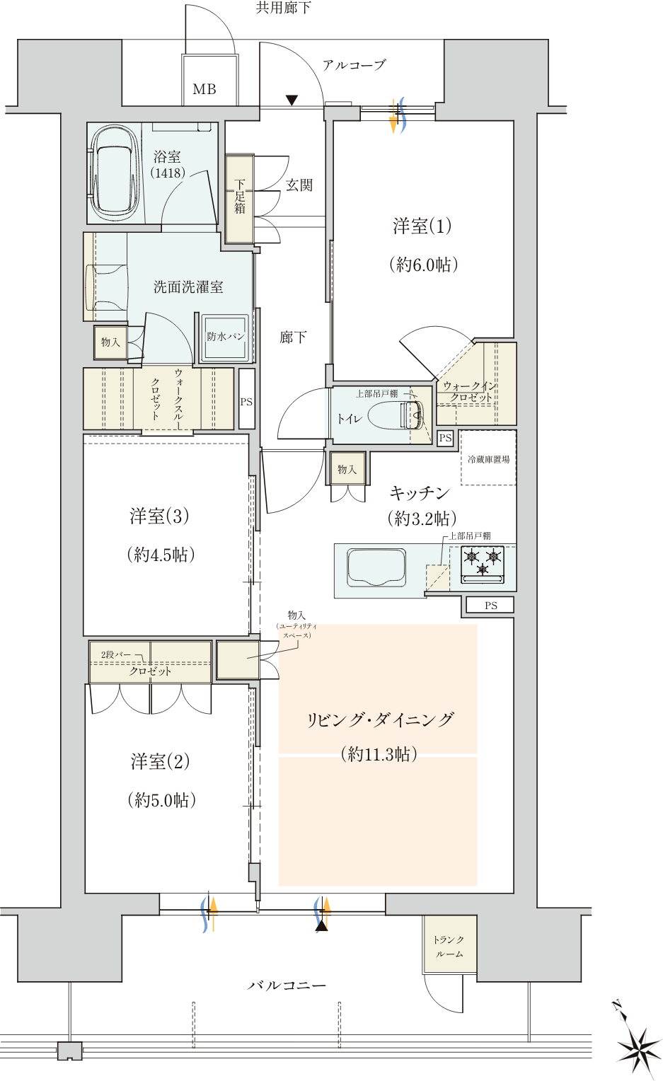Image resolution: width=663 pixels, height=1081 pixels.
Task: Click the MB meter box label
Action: pyautogui.click(x=204, y=89)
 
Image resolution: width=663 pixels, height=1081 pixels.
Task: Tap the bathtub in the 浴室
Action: pyautogui.click(x=115, y=173)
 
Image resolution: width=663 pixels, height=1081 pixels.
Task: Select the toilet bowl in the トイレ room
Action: pyautogui.click(x=396, y=415)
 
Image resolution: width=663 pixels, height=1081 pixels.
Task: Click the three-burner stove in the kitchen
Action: pyautogui.click(x=483, y=564)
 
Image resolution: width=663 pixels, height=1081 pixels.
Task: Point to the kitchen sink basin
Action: pyautogui.click(x=376, y=568)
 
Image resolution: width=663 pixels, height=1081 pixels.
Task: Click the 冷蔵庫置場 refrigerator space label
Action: pyautogui.click(x=488, y=459)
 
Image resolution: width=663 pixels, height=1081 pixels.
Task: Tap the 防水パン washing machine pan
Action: pyautogui.click(x=225, y=337)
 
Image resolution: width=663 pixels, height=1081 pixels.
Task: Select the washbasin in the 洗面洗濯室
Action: pyautogui.click(x=107, y=288)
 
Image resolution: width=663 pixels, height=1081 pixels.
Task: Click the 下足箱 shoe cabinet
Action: pyautogui.click(x=240, y=199)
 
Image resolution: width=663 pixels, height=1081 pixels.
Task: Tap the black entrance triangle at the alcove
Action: pyautogui.click(x=292, y=100)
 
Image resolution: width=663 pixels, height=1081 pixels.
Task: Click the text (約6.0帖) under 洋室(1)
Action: pyautogui.click(x=424, y=264)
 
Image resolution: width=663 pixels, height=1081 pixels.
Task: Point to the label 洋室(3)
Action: pyautogui.click(x=159, y=516)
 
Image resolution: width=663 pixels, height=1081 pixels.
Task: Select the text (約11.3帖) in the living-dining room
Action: pyautogui.click(x=379, y=753)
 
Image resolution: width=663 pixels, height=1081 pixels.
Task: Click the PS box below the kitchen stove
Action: pyautogui.click(x=491, y=605)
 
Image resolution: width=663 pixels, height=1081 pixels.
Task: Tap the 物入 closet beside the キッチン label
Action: pyautogui.click(x=347, y=468)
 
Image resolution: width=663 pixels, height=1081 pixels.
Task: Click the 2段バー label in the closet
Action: pyautogui.click(x=116, y=655)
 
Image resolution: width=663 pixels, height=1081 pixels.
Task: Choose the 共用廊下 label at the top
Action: pyautogui.click(x=283, y=7)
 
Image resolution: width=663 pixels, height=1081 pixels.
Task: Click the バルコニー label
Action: pyautogui.click(x=287, y=985)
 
